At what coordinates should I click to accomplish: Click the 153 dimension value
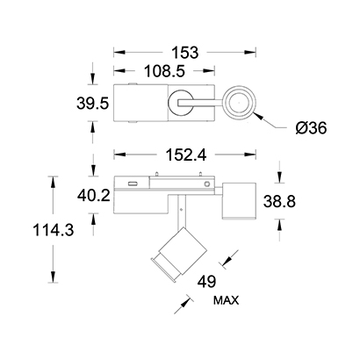pos(184,53)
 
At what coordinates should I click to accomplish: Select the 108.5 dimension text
pos(165,71)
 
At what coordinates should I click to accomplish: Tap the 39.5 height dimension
pos(93,104)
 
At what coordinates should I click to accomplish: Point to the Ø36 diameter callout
pos(311,128)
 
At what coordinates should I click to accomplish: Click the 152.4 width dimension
pos(186,155)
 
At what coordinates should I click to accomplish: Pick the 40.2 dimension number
pos(94,196)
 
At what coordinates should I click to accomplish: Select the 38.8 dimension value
pos(279,201)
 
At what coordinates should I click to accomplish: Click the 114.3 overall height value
pos(53,230)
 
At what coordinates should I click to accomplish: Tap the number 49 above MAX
pos(207,282)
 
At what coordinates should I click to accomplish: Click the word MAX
pos(226,300)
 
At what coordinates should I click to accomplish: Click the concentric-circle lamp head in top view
pos(239,103)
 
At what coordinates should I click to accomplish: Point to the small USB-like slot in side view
pos(133,184)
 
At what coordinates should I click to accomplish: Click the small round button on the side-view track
pos(207,184)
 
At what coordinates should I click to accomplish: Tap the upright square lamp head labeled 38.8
pos(239,201)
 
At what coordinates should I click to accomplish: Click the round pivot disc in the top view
pos(180,103)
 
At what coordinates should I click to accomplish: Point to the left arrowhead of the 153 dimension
pos(119,53)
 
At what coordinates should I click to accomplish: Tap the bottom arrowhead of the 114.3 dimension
pos(53,277)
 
